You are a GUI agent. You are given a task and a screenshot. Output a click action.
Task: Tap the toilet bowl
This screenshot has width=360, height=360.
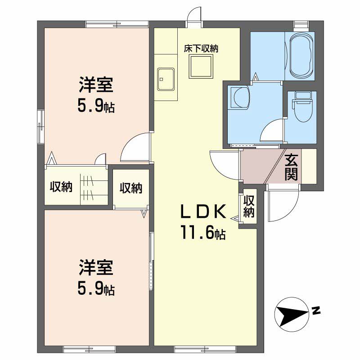(303, 111)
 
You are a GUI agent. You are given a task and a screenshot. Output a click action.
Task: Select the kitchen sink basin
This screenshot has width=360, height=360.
(166, 79)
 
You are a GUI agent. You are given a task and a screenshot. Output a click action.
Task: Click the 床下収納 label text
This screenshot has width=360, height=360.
(201, 49)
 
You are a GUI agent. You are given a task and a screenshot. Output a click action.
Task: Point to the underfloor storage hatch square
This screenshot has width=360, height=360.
(201, 67)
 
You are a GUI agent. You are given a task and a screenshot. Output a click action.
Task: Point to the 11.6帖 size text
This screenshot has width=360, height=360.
(203, 232)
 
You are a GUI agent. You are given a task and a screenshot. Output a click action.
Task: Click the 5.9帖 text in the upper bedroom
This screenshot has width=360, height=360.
(96, 106)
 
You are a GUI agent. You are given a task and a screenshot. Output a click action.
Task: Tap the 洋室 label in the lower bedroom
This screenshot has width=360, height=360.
(96, 268)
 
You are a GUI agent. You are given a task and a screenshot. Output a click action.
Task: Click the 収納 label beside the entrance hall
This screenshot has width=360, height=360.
(249, 207)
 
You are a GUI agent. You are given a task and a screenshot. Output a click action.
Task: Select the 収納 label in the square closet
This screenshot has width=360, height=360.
(131, 188)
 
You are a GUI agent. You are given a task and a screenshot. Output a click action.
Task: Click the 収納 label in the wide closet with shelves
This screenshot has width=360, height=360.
(61, 187)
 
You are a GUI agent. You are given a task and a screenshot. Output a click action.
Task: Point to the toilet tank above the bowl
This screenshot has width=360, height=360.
(303, 95)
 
